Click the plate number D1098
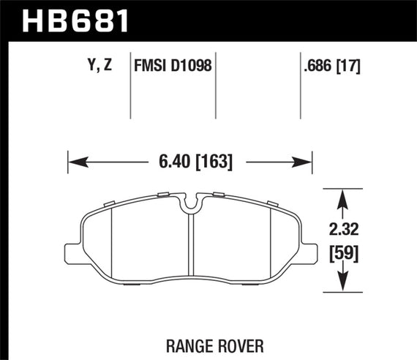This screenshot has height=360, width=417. pos(191,65)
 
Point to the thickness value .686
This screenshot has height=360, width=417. pos(317,65)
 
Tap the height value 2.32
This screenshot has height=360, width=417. pos(345,229)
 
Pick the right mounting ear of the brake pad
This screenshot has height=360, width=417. pos(310,252)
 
